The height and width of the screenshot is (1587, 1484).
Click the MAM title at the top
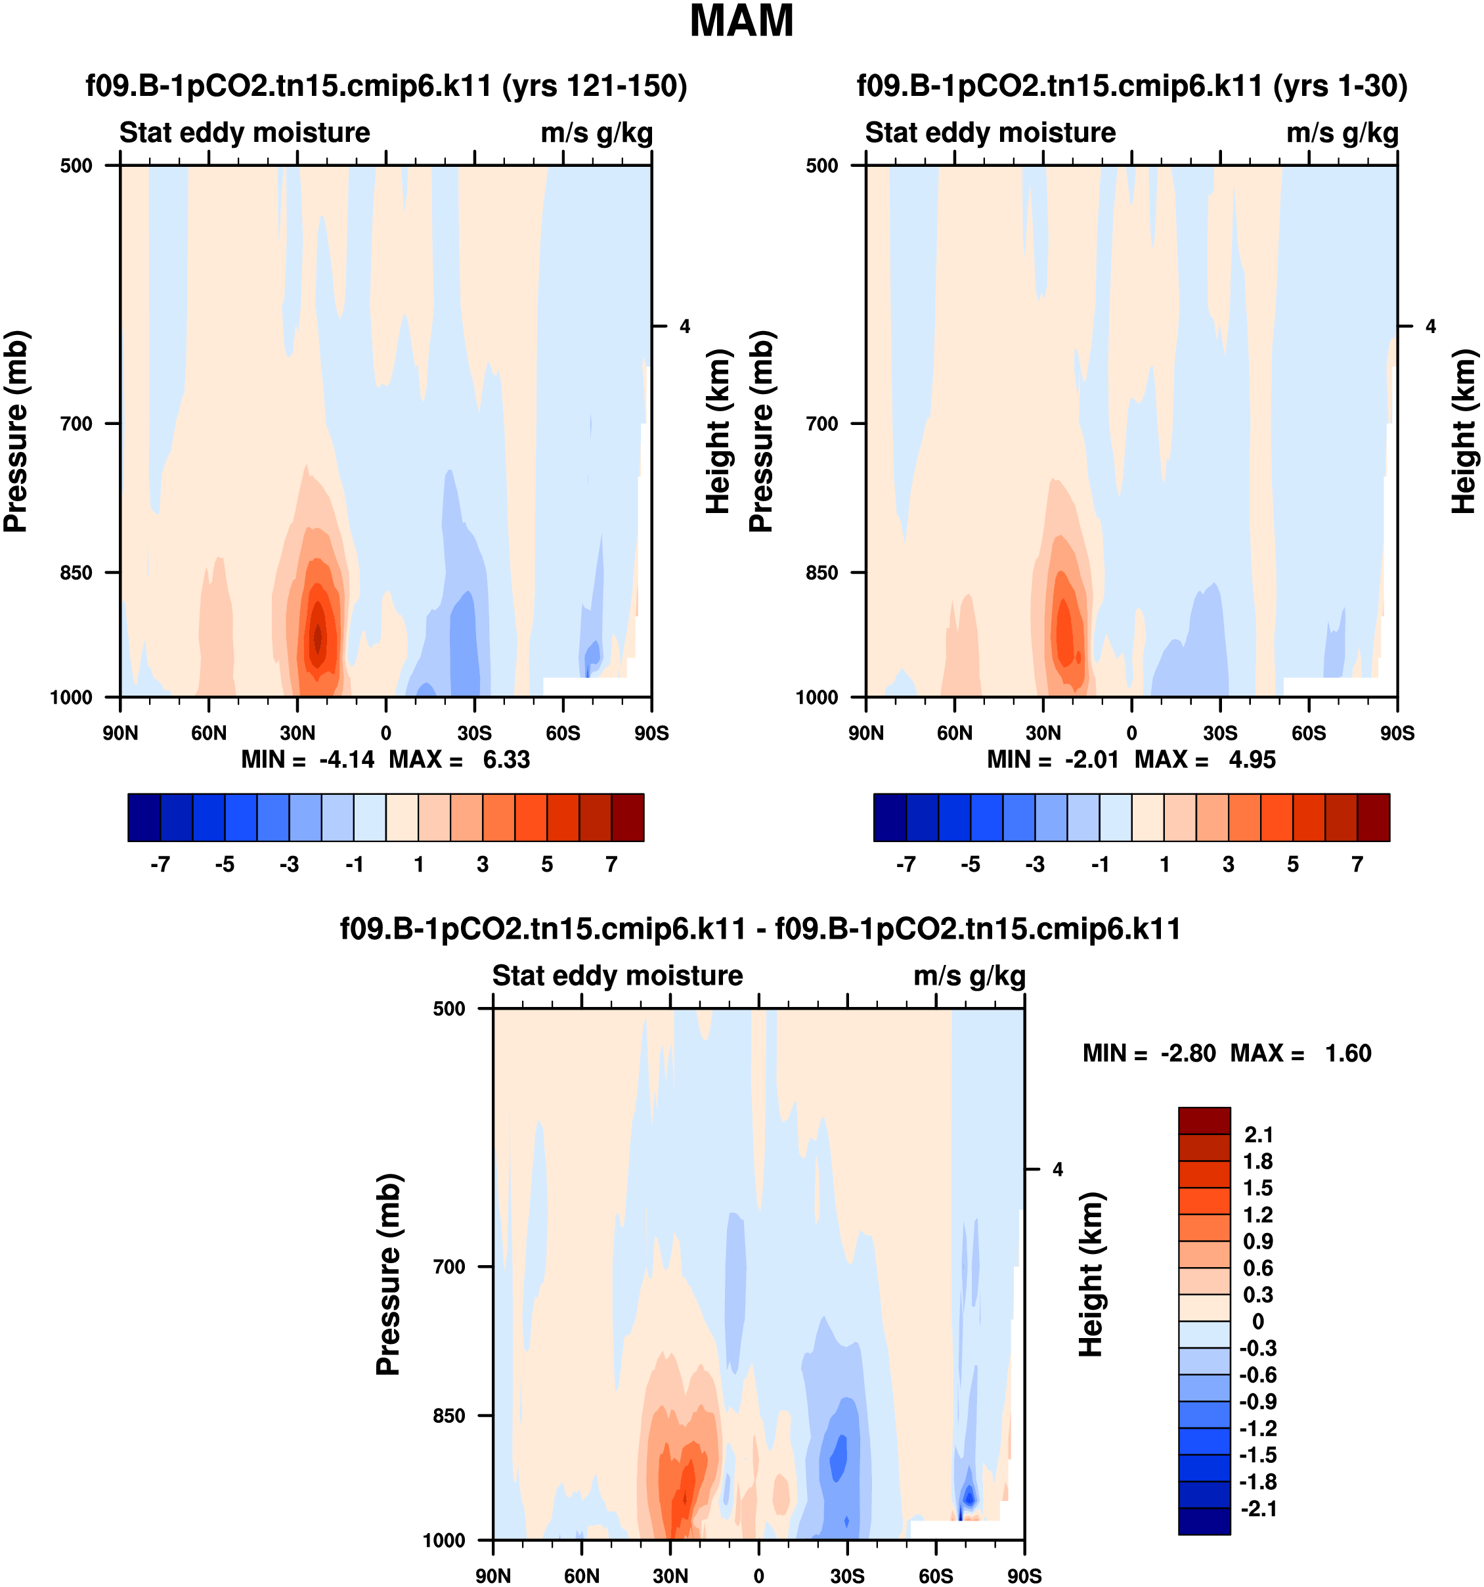[741, 22]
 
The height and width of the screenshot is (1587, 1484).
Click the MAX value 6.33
[506, 759]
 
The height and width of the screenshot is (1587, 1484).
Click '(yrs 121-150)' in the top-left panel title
[594, 85]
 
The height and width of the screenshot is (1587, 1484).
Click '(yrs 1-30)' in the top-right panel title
[1340, 85]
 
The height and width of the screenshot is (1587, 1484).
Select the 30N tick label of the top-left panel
[297, 733]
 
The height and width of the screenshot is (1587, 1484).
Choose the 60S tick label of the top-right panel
[1309, 733]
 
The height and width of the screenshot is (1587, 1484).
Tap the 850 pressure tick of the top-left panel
[77, 572]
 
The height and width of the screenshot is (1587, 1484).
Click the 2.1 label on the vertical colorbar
[1258, 1134]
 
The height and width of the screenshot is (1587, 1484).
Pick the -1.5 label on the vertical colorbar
[1258, 1454]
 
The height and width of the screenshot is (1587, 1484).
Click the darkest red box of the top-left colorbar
[627, 817]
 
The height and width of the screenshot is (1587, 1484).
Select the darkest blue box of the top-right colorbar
[890, 817]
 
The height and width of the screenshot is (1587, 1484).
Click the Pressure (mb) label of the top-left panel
[16, 431]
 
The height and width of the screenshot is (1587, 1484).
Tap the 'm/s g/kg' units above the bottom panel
[969, 975]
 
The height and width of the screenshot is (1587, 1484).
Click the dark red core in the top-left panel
[318, 637]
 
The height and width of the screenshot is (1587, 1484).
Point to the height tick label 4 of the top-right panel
[1431, 326]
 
